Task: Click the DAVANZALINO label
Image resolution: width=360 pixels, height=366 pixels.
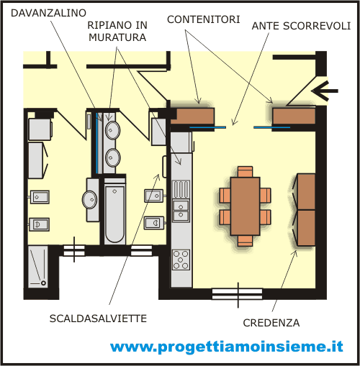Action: click(48, 13)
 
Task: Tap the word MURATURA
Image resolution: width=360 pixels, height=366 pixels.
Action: click(117, 37)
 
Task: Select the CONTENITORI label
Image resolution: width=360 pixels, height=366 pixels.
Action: click(204, 19)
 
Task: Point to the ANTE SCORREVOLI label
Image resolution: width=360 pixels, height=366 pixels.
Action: click(301, 26)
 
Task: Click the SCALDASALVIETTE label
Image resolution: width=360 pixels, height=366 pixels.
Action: click(98, 319)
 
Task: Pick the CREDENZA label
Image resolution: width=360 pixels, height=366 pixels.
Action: click(271, 323)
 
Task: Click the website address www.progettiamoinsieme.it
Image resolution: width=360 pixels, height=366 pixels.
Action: click(227, 347)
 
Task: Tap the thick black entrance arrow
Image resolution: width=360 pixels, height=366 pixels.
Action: click(325, 91)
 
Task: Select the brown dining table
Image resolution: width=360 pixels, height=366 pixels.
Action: click(245, 206)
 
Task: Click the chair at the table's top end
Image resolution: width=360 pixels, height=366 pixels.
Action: click(246, 172)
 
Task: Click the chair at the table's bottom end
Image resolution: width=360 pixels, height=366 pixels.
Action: click(246, 241)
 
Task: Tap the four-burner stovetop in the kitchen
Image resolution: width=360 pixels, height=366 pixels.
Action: click(181, 260)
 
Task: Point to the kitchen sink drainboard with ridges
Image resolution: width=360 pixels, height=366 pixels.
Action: click(181, 189)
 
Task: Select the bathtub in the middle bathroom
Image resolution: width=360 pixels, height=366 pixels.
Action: click(114, 214)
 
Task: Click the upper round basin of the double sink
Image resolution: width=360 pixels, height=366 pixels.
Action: click(113, 130)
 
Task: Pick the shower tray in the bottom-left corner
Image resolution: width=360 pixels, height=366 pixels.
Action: click(38, 267)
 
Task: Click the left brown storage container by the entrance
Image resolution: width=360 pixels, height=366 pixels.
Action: click(192, 116)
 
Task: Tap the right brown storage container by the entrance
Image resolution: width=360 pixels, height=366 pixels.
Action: click(294, 116)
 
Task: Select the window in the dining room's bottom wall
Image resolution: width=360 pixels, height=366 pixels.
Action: click(237, 294)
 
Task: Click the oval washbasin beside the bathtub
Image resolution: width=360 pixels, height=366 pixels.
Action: click(90, 199)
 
